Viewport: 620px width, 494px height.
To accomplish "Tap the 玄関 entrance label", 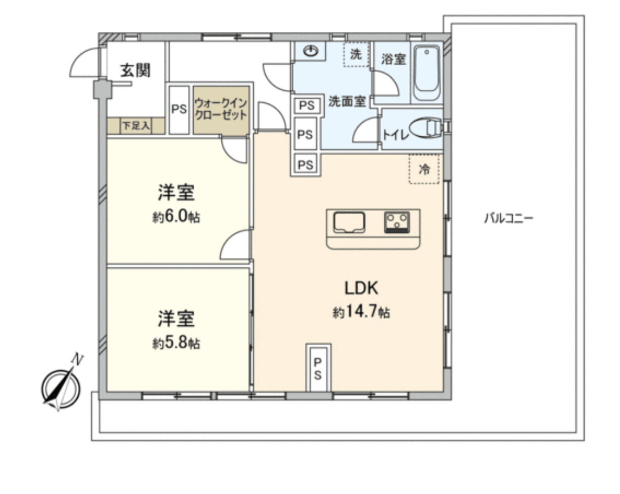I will (x=135, y=70).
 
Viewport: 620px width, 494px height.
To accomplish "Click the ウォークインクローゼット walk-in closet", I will (x=221, y=110).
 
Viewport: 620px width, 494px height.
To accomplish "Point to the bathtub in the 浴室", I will (x=426, y=74).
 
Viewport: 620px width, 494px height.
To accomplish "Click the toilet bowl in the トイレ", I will (x=426, y=129).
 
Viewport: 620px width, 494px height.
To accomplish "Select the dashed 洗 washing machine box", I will (x=355, y=56).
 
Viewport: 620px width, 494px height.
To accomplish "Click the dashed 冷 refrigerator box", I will (x=424, y=169).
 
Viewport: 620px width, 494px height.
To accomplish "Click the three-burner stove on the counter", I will (x=397, y=222).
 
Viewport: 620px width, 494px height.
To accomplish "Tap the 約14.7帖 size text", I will (x=361, y=312).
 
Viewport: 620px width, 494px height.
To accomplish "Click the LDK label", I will (x=361, y=288).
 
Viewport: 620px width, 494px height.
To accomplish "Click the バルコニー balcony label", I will (x=508, y=218).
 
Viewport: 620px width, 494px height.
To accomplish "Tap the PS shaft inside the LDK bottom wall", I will (x=318, y=367).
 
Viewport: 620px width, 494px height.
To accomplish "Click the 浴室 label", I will (x=393, y=59).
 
